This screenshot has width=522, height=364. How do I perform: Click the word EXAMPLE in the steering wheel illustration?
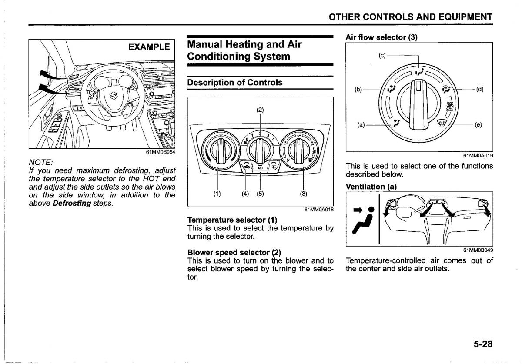click(x=149, y=47)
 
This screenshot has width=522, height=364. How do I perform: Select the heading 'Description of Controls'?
click(x=235, y=83)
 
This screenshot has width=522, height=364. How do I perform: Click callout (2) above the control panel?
click(x=260, y=110)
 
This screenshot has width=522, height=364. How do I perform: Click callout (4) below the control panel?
click(x=247, y=194)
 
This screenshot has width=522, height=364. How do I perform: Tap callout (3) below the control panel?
click(x=303, y=194)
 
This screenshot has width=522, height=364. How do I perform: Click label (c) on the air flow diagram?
click(x=382, y=56)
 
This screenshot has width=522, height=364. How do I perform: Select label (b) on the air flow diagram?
click(x=358, y=90)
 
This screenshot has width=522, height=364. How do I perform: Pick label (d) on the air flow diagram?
click(x=480, y=90)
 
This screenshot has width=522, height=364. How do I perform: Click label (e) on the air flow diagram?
click(x=478, y=125)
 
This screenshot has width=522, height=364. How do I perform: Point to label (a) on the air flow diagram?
click(x=361, y=125)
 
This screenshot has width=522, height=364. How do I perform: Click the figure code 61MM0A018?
click(x=319, y=210)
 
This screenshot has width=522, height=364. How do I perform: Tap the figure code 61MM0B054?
click(x=161, y=152)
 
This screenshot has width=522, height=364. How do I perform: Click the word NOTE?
click(x=40, y=162)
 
